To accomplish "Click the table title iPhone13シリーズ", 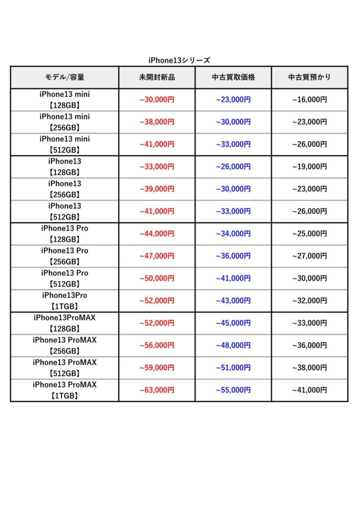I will point(179,60).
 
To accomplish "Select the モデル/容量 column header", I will point(65,78).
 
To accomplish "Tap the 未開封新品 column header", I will point(157,78).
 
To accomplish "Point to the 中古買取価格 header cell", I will point(233,78).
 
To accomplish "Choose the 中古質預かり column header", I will point(309,78).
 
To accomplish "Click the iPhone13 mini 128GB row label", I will point(65,99).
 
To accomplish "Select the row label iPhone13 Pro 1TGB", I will point(65,301).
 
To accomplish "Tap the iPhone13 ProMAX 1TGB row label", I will point(65,390).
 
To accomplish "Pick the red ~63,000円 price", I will point(157,390).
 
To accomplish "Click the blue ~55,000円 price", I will point(233,390).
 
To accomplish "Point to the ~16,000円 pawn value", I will point(309,99).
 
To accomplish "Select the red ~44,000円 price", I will point(157,234).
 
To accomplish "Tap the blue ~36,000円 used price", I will point(233,256).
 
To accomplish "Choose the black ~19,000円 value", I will point(309,167).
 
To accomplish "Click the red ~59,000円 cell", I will point(157,368).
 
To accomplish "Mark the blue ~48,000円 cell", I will point(233,345).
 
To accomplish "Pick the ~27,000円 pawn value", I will point(309,256).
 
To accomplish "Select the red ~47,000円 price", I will point(157,256).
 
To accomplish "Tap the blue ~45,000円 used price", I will point(233,323).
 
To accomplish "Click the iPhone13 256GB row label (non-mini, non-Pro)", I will point(65,189).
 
